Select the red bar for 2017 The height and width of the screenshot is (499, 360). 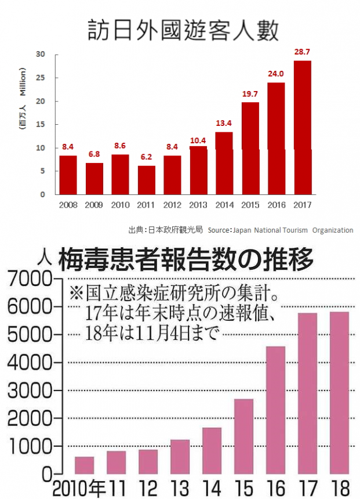tap(302, 128)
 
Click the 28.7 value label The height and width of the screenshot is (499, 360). tap(302, 52)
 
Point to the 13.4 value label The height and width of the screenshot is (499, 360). tap(224, 124)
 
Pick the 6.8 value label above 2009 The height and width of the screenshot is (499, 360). tap(94, 154)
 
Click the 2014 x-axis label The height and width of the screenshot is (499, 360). tap(224, 205)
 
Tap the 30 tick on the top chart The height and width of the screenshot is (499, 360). tap(41, 55)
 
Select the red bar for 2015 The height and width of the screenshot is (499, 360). tap(250, 148)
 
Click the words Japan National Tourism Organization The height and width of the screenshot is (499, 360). tap(292, 230)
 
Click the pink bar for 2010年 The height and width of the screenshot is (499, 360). tap(84, 465)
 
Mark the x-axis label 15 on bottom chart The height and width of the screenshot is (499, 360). tap(243, 487)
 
